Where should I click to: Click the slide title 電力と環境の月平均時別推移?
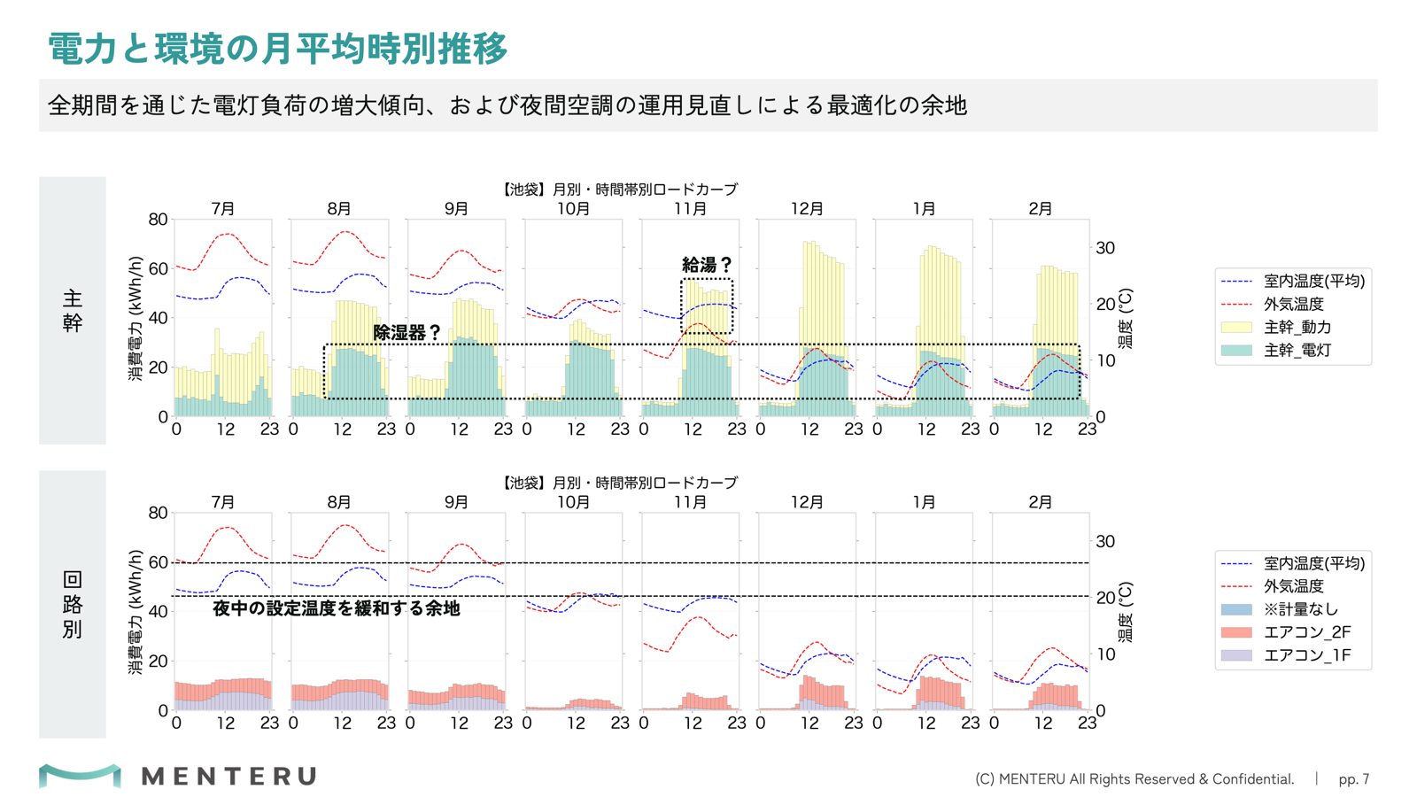click(x=277, y=49)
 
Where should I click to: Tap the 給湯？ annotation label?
click(x=707, y=265)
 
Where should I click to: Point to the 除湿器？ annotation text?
click(x=407, y=333)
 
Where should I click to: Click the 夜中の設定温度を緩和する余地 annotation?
click(x=336, y=608)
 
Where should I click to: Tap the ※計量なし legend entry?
click(x=1280, y=609)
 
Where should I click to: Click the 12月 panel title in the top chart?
click(x=807, y=209)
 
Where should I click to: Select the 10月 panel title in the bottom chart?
click(x=573, y=502)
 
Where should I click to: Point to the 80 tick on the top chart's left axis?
click(x=159, y=220)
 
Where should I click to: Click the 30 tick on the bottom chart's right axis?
click(x=1105, y=541)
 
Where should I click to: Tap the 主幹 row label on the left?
click(x=72, y=311)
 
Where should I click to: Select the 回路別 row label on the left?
click(x=72, y=605)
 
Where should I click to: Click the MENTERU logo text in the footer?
click(x=229, y=776)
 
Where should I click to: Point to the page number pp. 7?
click(x=1354, y=778)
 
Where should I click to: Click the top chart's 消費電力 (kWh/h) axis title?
click(x=136, y=318)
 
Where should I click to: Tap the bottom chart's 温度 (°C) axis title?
click(x=1126, y=612)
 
